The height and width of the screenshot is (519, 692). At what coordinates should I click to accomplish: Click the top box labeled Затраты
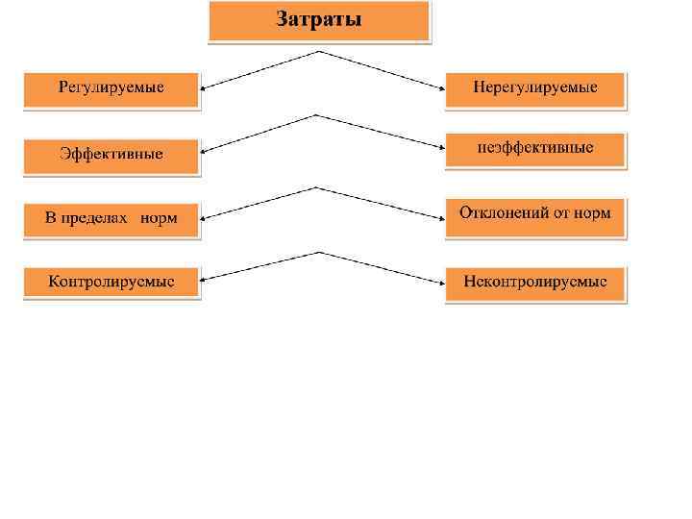[319, 20]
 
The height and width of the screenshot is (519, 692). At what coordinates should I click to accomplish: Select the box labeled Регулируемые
[111, 87]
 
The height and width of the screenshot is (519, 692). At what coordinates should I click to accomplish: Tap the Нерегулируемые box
[534, 87]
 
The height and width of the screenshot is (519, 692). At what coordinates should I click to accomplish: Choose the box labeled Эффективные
[111, 154]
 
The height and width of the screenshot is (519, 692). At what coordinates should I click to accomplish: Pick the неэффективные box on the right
[534, 149]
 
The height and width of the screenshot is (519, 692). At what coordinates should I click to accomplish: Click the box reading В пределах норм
[111, 218]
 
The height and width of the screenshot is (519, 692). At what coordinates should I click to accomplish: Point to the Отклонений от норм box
[534, 213]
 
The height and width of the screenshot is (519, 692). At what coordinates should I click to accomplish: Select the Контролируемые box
[111, 283]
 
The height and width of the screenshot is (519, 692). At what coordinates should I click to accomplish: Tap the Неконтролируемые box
[534, 283]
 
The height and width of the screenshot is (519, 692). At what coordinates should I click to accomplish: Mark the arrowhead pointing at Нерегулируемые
[440, 87]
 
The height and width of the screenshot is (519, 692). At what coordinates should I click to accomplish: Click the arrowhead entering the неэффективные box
[440, 149]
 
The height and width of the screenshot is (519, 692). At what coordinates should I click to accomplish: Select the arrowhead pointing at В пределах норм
[206, 217]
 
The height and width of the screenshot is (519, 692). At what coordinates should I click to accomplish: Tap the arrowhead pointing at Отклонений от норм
[440, 213]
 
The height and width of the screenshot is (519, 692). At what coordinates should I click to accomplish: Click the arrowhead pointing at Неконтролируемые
[440, 282]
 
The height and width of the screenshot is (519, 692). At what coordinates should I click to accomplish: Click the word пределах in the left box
[99, 218]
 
